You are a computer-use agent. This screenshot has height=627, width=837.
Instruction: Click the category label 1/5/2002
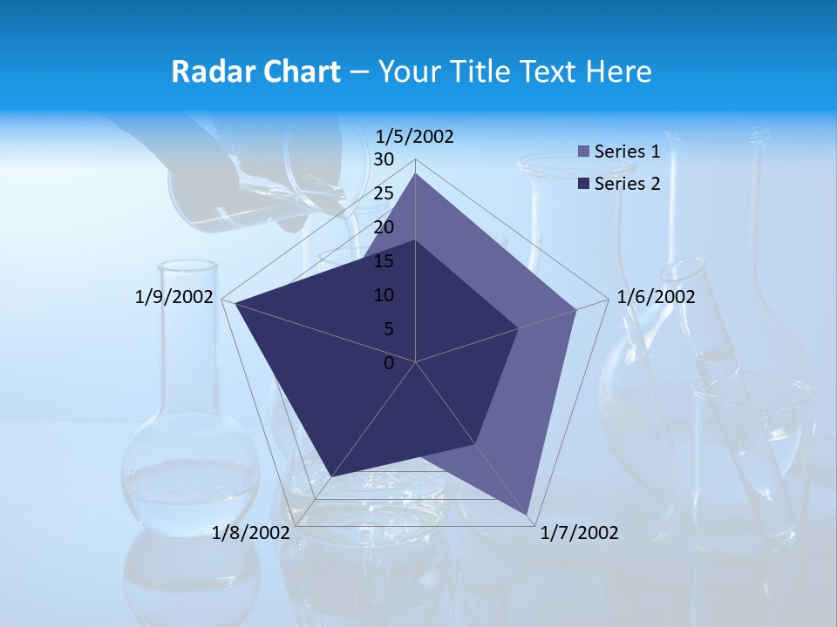[x=415, y=137]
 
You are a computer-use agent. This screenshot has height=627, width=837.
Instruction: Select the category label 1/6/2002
[x=656, y=297]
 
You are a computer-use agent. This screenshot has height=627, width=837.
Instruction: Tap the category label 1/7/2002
[x=580, y=533]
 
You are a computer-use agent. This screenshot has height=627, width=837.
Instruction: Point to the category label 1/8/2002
[x=250, y=533]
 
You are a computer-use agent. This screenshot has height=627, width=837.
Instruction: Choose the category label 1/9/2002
[x=174, y=297]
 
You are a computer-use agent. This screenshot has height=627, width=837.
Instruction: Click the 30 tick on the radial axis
[x=384, y=159]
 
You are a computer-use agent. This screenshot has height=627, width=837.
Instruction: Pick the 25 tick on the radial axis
[x=384, y=193]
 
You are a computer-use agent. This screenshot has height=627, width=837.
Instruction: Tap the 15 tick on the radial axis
[x=384, y=261]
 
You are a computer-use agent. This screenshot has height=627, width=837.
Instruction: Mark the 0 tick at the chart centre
[x=389, y=363]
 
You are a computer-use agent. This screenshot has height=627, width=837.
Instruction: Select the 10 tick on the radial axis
[x=384, y=295]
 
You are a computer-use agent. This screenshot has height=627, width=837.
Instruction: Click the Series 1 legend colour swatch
[x=584, y=152]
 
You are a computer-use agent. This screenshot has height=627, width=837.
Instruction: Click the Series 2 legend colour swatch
[x=584, y=184]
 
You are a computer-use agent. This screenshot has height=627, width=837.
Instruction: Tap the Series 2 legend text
[x=627, y=184]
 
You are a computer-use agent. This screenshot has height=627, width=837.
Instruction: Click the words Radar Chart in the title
[x=255, y=71]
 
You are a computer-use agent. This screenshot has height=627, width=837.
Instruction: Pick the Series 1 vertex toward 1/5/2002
[x=415, y=173]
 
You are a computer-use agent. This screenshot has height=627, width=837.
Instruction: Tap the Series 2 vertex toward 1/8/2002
[x=331, y=477]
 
